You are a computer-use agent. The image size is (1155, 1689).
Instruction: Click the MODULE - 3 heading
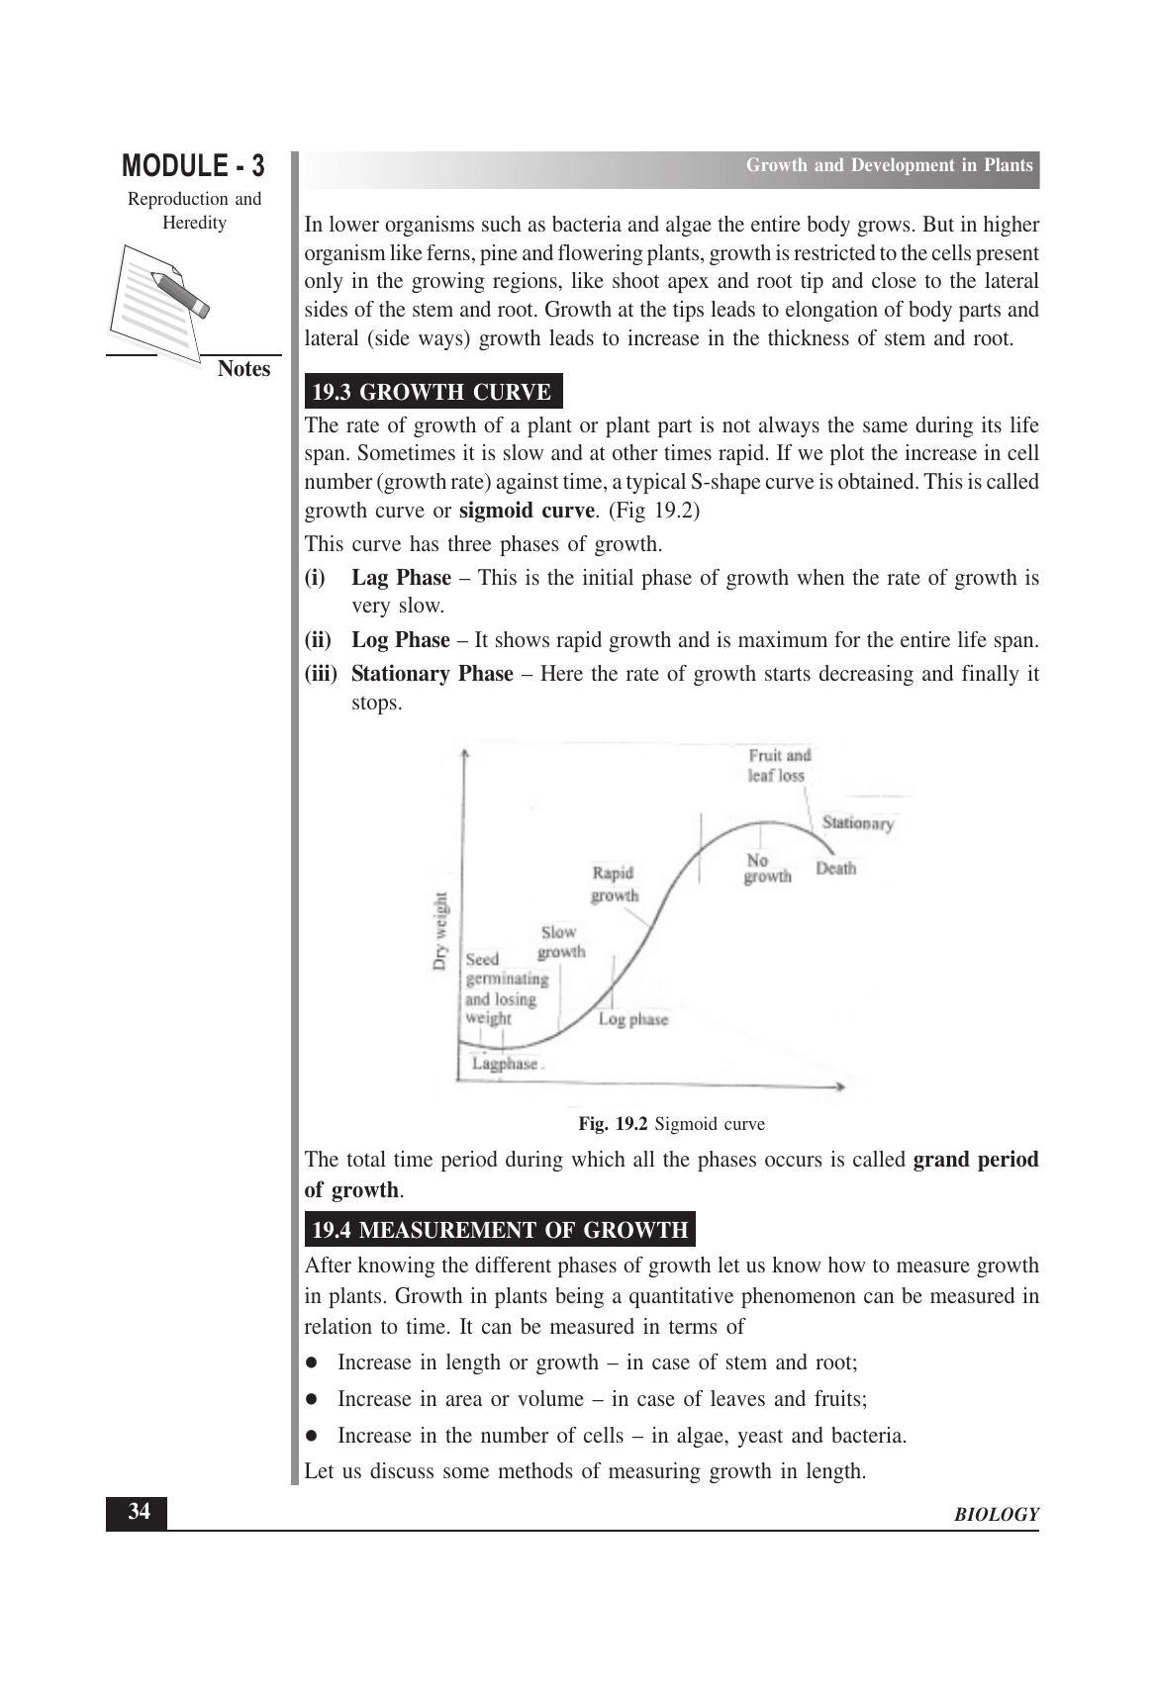coord(193,165)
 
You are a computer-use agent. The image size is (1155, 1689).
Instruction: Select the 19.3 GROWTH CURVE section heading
coord(432,392)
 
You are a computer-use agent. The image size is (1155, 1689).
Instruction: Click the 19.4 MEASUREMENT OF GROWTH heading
coord(499,1230)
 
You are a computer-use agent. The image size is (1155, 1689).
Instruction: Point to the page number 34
coord(138,1512)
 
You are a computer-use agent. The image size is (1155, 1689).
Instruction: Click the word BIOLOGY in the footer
coord(997,1515)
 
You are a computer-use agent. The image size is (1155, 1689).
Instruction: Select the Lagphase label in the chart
coord(505,1065)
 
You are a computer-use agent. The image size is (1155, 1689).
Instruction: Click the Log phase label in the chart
coord(633,1019)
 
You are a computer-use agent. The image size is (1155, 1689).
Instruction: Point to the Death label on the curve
coord(836,869)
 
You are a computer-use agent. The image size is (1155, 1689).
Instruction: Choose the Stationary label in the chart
coord(858,823)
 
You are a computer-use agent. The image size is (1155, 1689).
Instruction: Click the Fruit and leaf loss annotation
coord(779,765)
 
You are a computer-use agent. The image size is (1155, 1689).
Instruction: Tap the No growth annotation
coord(767,868)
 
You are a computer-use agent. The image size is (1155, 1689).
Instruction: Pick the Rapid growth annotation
coord(615,884)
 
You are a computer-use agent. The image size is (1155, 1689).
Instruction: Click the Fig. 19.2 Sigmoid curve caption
coord(671,1124)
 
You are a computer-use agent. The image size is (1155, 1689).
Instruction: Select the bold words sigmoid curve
coord(528,512)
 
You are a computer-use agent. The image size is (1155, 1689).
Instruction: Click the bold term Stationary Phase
coord(433,674)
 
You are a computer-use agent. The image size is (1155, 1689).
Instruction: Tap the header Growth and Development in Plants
coord(889,165)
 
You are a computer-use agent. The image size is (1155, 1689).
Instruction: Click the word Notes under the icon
coord(243,369)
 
